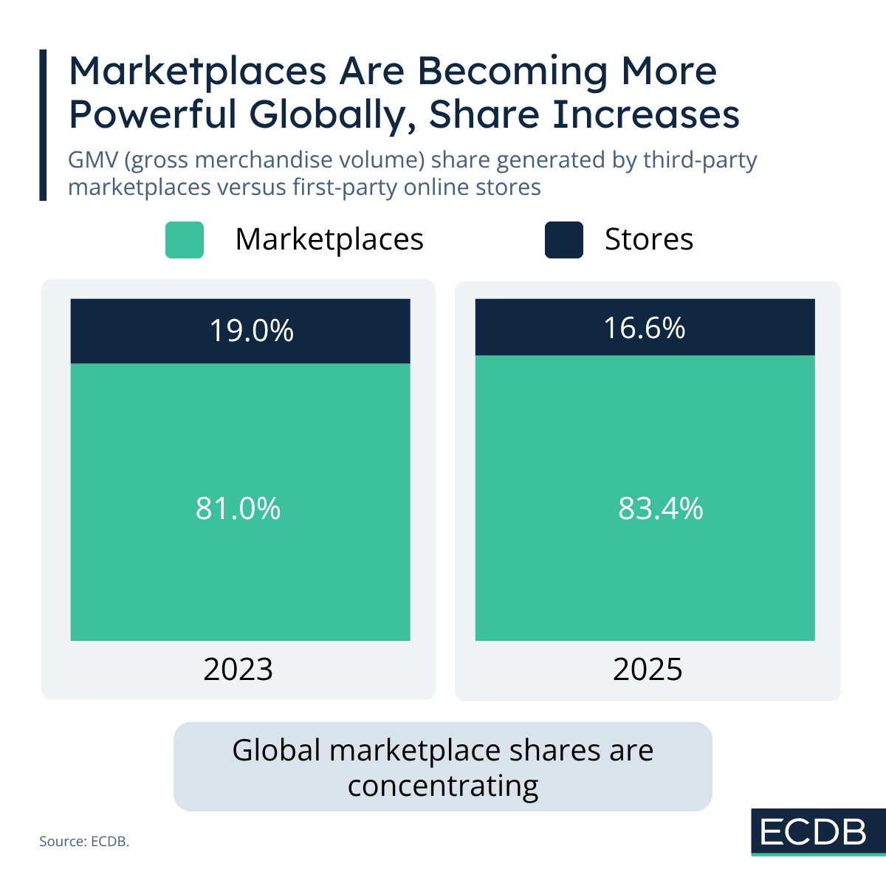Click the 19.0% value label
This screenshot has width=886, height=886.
tap(252, 331)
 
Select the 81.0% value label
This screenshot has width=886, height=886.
tap(238, 509)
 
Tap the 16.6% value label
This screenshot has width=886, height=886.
tap(645, 327)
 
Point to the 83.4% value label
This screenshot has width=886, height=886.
tap(661, 509)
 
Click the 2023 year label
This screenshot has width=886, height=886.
tap(238, 670)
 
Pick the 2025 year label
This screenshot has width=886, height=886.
tap(648, 670)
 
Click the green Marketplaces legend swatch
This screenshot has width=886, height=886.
tap(185, 240)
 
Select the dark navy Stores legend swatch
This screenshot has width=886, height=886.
tap(564, 240)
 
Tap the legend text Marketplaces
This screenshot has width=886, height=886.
tap(329, 239)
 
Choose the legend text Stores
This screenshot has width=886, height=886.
tap(649, 239)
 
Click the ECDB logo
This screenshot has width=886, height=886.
tap(814, 832)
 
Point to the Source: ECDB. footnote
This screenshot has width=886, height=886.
tap(84, 841)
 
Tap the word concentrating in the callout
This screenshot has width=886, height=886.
tap(443, 786)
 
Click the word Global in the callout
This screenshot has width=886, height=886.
tap(276, 751)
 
